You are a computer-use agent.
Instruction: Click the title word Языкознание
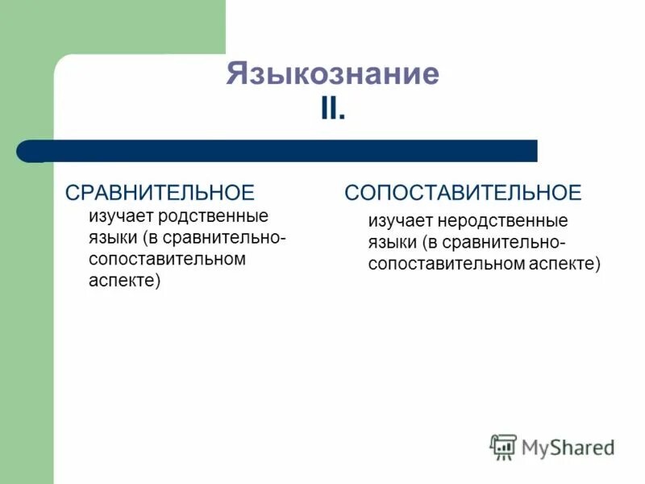tap(332, 73)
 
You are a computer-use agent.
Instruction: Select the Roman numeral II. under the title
tap(332, 109)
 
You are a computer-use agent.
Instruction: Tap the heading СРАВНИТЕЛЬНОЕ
tap(160, 192)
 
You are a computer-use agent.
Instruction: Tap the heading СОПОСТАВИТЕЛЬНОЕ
tap(463, 192)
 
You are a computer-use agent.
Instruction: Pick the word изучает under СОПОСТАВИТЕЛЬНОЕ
tap(401, 221)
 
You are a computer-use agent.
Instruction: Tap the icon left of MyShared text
tap(503, 447)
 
